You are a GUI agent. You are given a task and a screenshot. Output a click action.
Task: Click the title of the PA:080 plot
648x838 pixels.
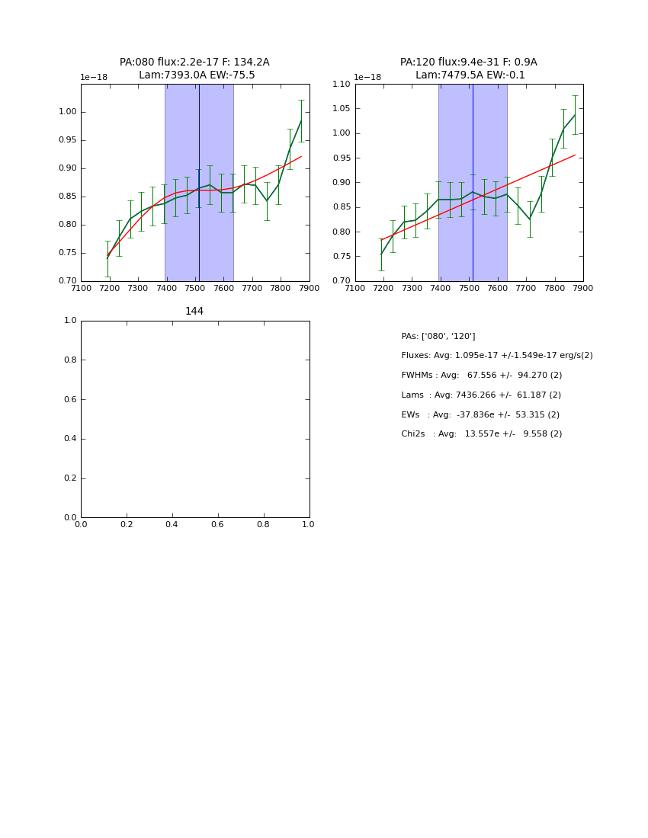point(194,69)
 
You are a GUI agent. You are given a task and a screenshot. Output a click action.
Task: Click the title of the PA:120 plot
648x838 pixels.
point(469,69)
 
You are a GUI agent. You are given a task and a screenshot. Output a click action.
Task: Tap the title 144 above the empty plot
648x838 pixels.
point(194,311)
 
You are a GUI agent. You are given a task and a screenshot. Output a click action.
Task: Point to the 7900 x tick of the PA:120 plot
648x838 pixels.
point(583,288)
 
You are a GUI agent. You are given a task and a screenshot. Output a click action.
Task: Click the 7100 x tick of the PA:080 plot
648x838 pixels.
point(81,288)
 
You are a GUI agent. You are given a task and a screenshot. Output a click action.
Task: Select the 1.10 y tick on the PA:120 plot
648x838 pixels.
point(341,84)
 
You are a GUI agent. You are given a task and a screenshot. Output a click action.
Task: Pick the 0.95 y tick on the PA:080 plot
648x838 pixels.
point(68,140)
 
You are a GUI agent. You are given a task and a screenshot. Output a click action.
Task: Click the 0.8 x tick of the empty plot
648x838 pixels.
point(263,524)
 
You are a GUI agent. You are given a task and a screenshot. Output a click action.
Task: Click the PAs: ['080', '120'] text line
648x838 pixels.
point(438,336)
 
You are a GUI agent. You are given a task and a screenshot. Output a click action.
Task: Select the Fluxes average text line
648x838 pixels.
point(497,356)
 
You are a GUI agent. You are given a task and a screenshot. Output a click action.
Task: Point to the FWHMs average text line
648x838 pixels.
point(482,376)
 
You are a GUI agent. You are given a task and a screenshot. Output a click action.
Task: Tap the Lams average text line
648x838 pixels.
point(481,395)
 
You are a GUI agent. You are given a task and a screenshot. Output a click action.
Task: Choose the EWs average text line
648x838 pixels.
point(480,414)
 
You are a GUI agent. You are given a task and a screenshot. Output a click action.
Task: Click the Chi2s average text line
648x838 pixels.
point(482,434)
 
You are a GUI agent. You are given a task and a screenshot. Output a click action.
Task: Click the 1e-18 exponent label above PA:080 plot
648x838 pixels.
point(95,78)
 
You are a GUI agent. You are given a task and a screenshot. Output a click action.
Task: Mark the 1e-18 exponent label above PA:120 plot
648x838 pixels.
point(367,78)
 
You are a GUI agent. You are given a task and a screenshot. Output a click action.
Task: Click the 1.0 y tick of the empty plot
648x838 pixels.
point(70,321)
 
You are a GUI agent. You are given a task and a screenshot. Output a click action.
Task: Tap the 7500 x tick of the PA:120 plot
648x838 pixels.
point(469,288)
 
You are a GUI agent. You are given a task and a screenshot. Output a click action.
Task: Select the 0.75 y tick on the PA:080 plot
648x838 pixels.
point(68,253)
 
